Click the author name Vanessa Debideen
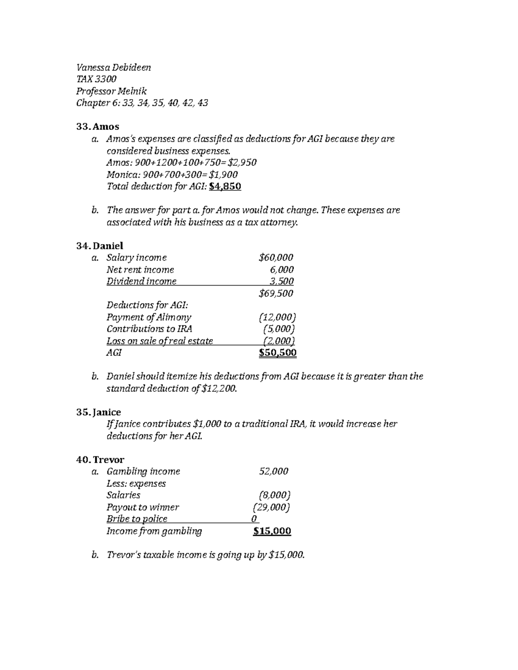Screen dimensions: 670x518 (x=114, y=67)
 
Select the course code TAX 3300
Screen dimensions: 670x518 (x=96, y=79)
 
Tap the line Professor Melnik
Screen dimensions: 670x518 (x=111, y=91)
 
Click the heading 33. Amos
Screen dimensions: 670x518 (x=98, y=126)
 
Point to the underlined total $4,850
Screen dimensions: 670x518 (x=224, y=186)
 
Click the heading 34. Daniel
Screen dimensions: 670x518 (x=100, y=245)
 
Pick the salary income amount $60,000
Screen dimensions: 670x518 (x=276, y=258)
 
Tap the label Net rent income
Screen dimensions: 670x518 (x=140, y=270)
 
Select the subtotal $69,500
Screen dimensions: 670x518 (x=276, y=293)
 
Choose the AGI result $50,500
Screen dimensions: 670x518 (x=278, y=353)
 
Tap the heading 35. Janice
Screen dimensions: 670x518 (x=98, y=412)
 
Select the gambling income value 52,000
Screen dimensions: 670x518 (x=273, y=471)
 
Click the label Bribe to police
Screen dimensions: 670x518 (x=137, y=519)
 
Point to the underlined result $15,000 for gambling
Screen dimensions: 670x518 (x=272, y=531)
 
